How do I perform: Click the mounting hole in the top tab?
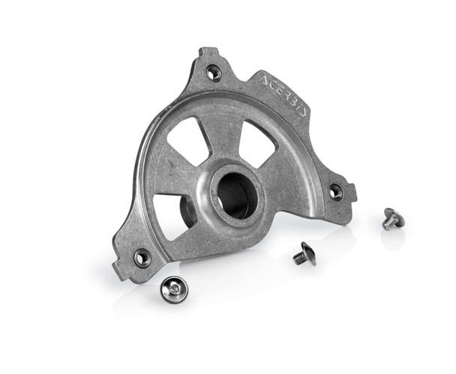pos(214,73)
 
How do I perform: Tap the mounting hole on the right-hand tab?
pos(335,192)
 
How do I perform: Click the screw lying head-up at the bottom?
pos(174,289)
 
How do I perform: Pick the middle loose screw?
pos(304,253)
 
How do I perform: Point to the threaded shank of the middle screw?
pos(298,258)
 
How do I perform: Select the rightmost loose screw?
pos(392,219)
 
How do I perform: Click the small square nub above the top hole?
pos(207,53)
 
